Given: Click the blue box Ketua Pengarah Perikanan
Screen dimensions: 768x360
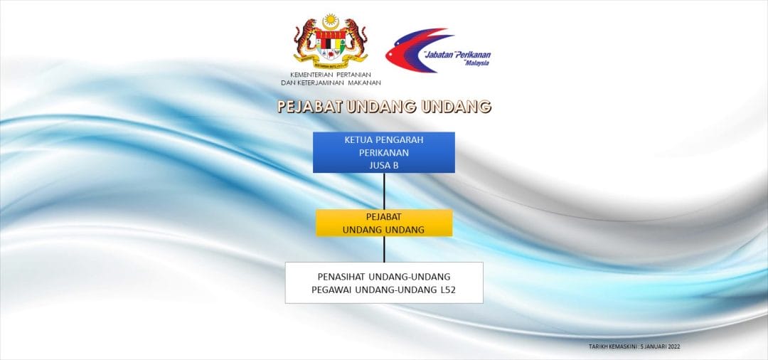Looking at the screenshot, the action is (x=384, y=152).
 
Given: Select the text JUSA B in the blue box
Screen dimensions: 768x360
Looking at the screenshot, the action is (x=384, y=165).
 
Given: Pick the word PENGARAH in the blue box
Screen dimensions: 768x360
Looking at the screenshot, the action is (x=400, y=140).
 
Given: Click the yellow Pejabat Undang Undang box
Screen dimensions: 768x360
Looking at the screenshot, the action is (x=384, y=223).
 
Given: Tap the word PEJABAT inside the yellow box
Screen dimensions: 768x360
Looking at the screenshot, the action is (x=384, y=216).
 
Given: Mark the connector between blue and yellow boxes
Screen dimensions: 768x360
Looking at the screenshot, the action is (x=384, y=191).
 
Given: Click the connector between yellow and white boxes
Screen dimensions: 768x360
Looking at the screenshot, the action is (x=384, y=249).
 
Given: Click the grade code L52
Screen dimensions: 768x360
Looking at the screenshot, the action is (x=448, y=290).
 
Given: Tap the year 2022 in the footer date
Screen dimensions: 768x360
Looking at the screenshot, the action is (x=674, y=346).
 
